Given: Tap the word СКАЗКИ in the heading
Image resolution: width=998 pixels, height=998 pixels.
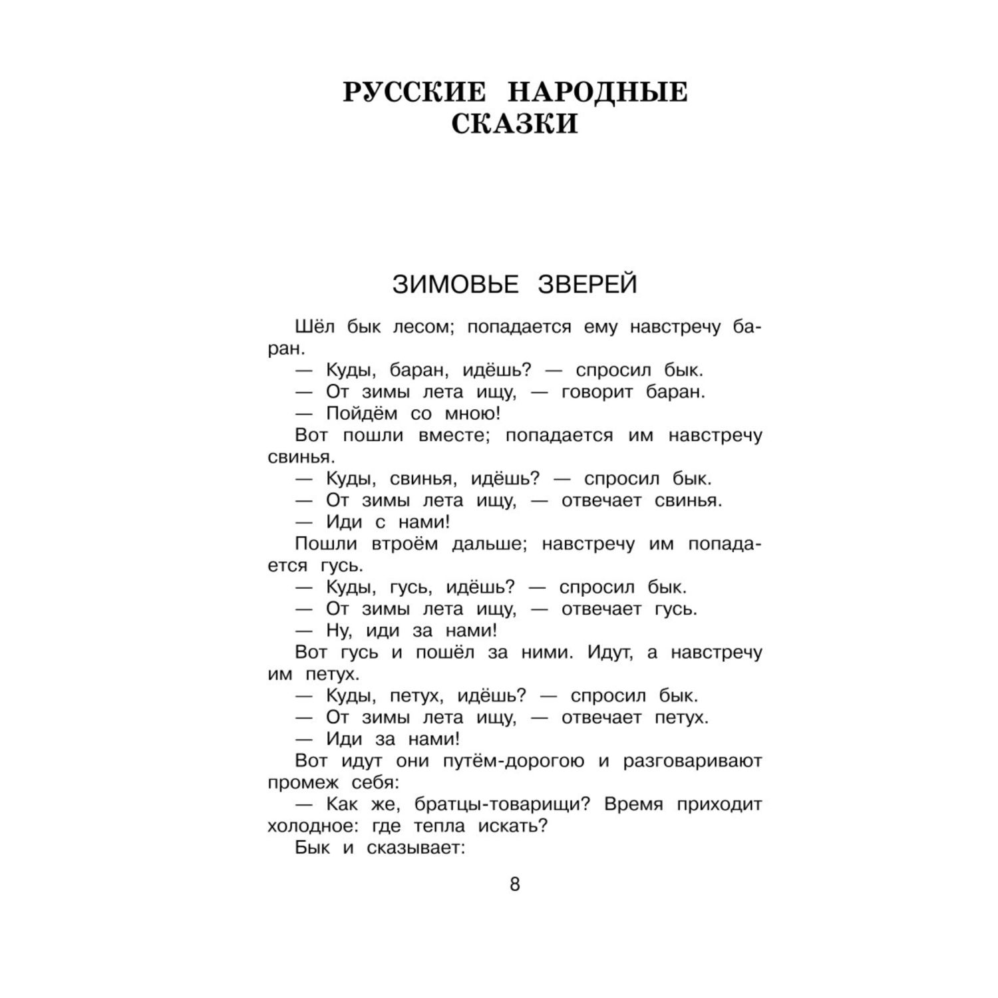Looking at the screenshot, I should click(514, 124).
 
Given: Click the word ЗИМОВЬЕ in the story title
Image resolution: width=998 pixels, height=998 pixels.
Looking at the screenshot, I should click(455, 285).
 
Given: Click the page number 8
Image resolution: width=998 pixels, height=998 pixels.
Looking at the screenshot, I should click(514, 885).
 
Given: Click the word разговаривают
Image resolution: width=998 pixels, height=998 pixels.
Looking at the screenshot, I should click(693, 761).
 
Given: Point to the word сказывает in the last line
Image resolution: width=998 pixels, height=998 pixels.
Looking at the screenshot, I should click(414, 848).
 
